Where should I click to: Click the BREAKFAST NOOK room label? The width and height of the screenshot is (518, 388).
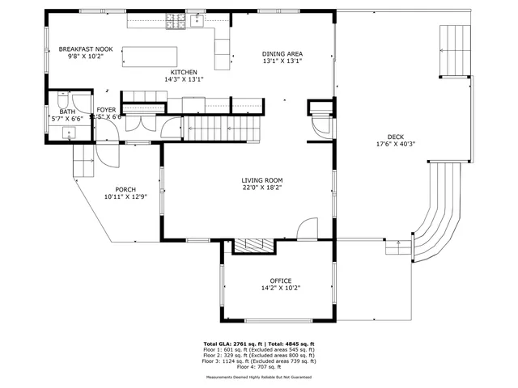pos(86,49)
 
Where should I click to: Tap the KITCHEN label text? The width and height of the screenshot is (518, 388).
pos(184,72)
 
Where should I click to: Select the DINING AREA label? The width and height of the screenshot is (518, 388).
pos(282,54)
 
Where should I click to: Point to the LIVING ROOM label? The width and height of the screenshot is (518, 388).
pos(262,180)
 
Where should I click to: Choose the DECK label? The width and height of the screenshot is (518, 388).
pos(396,137)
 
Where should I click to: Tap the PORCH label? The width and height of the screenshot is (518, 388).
pos(125,189)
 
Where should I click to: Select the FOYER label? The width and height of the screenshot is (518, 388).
pos(107,109)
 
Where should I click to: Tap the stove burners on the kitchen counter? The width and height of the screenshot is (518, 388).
pos(174,23)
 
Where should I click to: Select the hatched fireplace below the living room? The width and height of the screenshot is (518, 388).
pos(253,246)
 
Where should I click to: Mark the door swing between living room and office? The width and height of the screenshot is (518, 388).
pos(307,230)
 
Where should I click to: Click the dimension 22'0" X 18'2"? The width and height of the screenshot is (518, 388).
pos(262,188)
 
